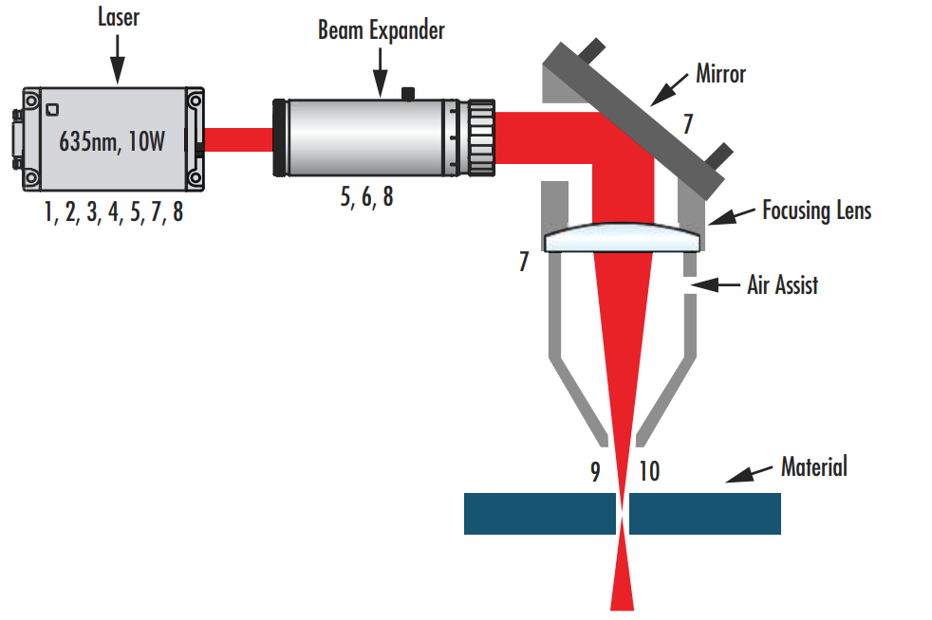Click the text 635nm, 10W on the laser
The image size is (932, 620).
pos(112,141)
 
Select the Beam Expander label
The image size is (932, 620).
pos(381,30)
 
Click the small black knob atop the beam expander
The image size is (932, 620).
pos(409,93)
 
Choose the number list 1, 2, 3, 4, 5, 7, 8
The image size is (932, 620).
pos(113,213)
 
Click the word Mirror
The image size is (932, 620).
pos(720,73)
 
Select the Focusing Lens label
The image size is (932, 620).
pos(816,210)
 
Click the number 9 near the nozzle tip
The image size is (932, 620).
pos(595,472)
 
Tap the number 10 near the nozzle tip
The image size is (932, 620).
pos(649,472)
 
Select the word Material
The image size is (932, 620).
pos(813,465)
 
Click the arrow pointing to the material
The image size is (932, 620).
pos(749,473)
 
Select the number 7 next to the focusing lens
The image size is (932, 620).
pos(524,262)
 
